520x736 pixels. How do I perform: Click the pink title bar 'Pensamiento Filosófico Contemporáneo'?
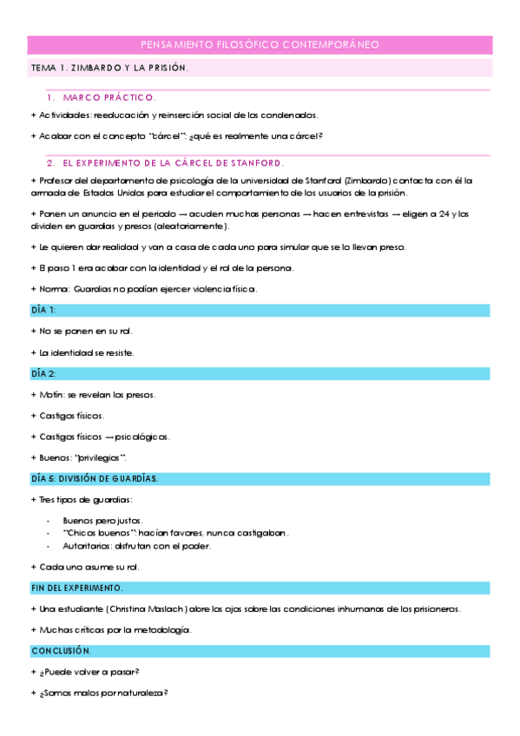point(260,44)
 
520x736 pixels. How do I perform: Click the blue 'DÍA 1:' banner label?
point(43,310)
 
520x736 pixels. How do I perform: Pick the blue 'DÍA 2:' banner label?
point(43,373)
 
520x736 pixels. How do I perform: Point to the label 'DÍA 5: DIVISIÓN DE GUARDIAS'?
point(94,478)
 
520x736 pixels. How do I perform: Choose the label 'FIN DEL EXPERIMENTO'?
point(76,588)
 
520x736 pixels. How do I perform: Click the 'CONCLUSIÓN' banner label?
point(61,650)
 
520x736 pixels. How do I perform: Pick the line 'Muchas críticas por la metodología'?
point(115,629)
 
